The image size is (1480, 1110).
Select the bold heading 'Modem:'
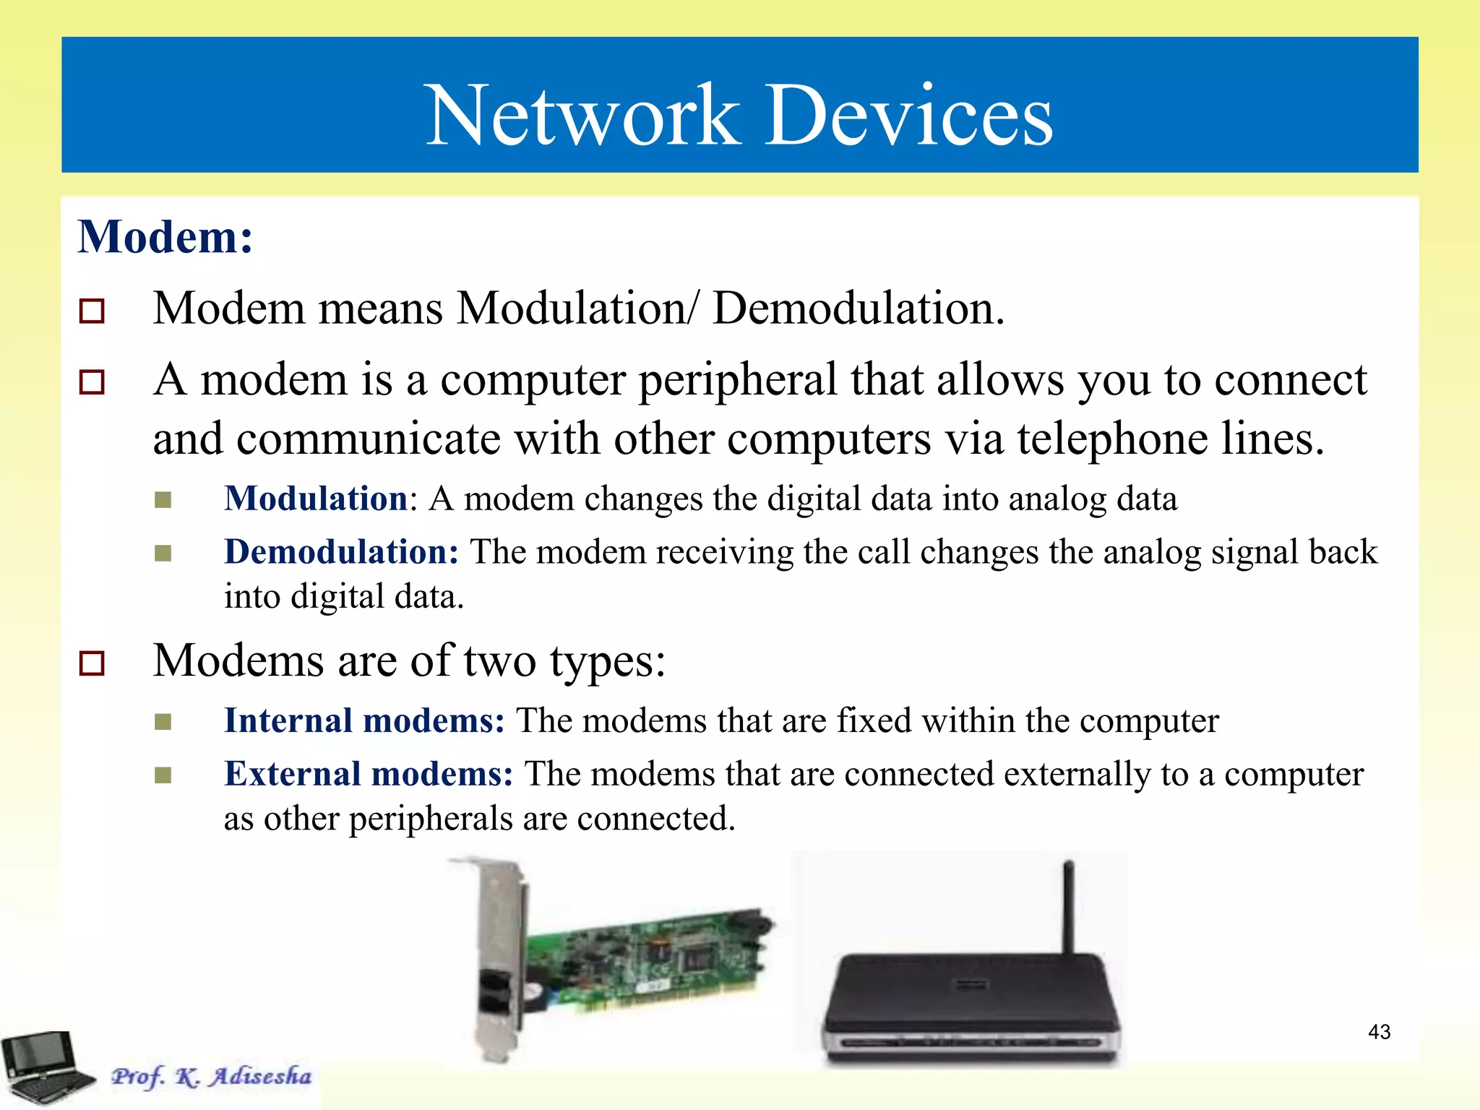point(165,237)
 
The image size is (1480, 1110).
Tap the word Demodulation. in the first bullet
point(858,309)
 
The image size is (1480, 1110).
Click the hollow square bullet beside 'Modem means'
point(92,311)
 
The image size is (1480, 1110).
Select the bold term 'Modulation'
point(316,499)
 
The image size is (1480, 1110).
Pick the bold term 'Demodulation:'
point(341,552)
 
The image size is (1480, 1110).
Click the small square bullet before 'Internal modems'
point(163,722)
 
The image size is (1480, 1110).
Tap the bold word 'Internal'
point(288,720)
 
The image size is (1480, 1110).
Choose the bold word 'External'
point(292,774)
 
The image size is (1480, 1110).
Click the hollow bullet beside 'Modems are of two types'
point(92,663)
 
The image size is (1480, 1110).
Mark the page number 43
point(1379,1032)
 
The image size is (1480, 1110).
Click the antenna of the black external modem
point(1067,907)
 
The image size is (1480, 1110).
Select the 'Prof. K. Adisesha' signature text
point(211,1076)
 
